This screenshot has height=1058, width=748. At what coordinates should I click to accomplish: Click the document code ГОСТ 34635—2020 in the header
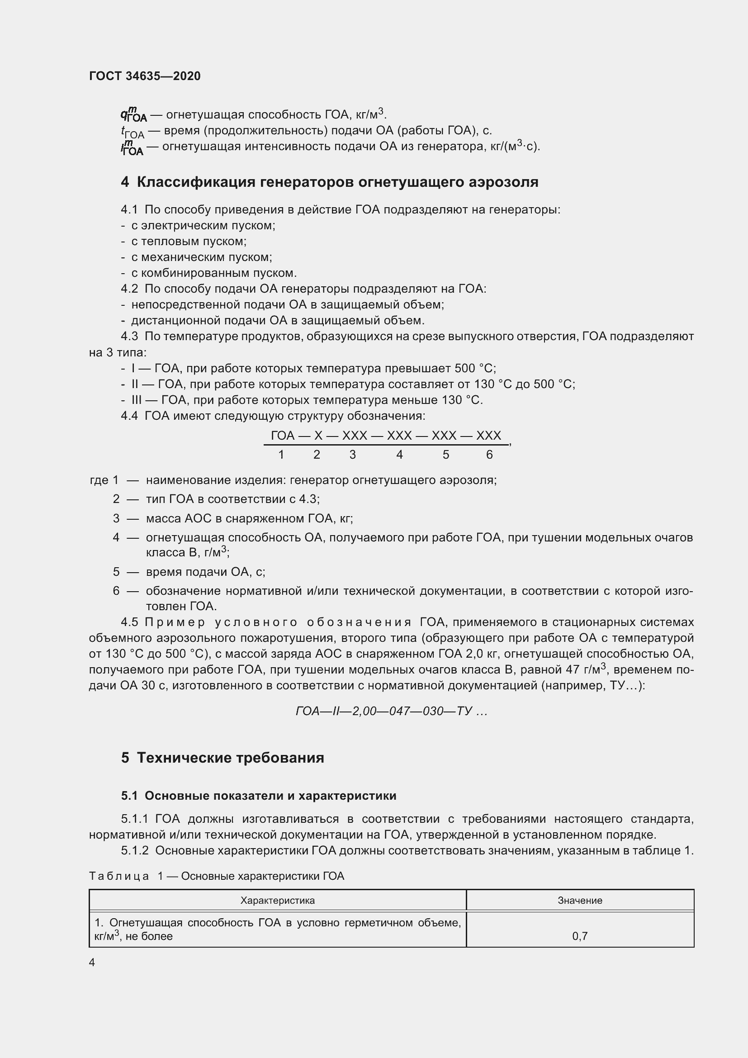pos(145,76)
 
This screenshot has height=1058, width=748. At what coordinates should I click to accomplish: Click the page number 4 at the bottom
pos(92,962)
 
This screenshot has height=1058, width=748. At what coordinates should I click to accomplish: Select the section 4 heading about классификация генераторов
pos(329,182)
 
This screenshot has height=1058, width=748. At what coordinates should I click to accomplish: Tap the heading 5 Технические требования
pos(223,758)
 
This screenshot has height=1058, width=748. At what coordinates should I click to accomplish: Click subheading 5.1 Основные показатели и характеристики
pos(258,796)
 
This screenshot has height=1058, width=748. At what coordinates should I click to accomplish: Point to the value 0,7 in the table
pos(579,936)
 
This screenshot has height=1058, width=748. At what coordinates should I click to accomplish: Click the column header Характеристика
pos(277,901)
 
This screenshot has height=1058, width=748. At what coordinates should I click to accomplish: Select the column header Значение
pos(579,901)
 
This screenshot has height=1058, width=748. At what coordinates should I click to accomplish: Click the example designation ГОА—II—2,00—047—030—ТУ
pos(391,712)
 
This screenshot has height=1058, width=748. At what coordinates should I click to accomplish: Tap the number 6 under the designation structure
pos(489,455)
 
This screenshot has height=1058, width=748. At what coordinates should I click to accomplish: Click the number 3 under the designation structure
pos(352,455)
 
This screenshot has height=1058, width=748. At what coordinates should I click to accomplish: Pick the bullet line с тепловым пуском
pos(189,242)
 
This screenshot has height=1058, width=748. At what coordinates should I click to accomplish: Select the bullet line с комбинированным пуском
pos(214,273)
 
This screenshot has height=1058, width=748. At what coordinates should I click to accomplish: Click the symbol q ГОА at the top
pos(133,115)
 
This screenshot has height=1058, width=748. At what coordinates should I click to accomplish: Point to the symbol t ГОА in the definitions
pos(132,132)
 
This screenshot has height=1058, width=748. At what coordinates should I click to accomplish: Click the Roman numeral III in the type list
pos(136,400)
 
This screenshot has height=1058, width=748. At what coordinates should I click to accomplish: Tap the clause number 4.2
pos(129,289)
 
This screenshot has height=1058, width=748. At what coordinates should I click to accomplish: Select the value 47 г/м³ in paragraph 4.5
pos(585,669)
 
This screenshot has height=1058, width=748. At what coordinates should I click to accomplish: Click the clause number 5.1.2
pos(134,851)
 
